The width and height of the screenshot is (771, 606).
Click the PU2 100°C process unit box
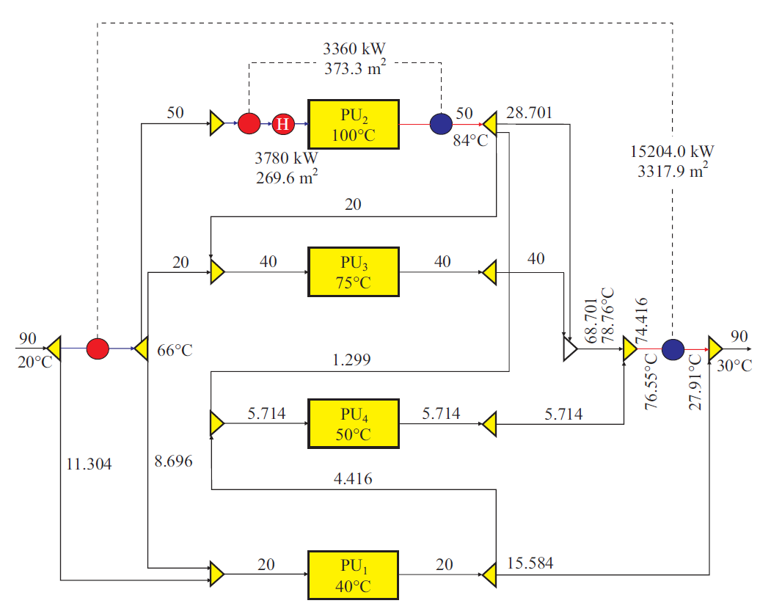pos(354,124)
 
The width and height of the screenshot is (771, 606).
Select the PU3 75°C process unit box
pos(354,272)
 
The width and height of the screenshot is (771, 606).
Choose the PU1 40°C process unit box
pos(354,575)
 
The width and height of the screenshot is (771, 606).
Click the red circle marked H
pos(282,124)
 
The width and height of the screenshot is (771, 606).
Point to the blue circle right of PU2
pos(440,123)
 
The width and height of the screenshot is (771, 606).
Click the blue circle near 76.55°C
pos(673,349)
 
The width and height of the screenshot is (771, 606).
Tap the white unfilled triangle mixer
pos(569,350)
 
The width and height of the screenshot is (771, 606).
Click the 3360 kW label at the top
pos(354,49)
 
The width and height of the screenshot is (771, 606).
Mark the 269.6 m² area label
pos(285,177)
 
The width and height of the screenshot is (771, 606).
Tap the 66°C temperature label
pos(175,351)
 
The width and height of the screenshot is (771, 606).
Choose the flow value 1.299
pos(351,360)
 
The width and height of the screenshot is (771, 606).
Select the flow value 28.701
pos(529,112)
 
